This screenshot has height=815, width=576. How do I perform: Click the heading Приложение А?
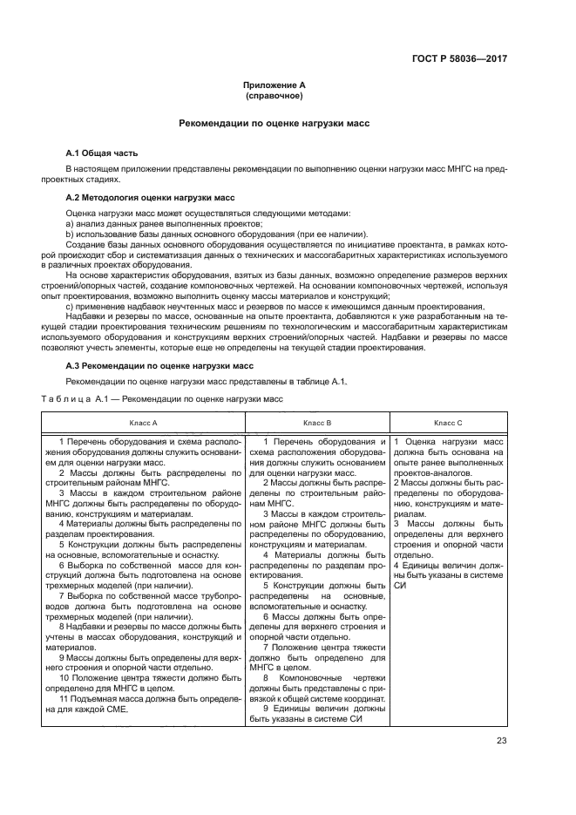coord(274,85)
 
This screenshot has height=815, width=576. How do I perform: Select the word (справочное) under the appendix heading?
coord(274,95)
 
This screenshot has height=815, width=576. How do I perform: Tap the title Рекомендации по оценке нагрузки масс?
coord(274,124)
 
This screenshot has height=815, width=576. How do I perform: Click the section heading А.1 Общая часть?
coord(101,153)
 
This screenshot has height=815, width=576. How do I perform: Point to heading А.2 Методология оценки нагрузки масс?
coord(147,199)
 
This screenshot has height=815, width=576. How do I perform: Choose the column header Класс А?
coord(143,422)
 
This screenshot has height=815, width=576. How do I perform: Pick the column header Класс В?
coord(317,422)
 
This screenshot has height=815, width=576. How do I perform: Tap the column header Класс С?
coord(448,422)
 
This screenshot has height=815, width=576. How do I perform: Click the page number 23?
coord(501,741)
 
